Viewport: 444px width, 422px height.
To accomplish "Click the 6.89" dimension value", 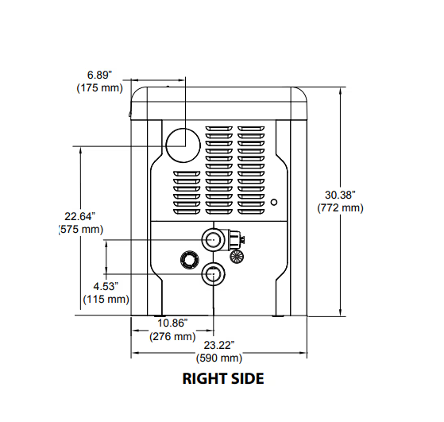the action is tap(99, 75).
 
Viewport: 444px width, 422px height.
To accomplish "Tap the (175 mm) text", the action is tap(99, 88).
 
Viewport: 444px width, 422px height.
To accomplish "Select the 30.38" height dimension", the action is tap(340, 195).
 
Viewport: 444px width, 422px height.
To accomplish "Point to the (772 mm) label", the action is tap(340, 207).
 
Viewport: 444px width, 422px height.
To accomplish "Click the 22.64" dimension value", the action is tap(80, 216).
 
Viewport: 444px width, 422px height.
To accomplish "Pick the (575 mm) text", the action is tap(81, 230).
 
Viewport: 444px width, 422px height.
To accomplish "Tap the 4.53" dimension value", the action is tap(106, 287).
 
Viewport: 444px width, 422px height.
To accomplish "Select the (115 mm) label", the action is tap(106, 300).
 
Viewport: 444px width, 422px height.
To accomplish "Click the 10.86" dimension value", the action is tap(172, 323).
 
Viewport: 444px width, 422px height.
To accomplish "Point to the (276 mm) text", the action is tap(172, 336).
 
